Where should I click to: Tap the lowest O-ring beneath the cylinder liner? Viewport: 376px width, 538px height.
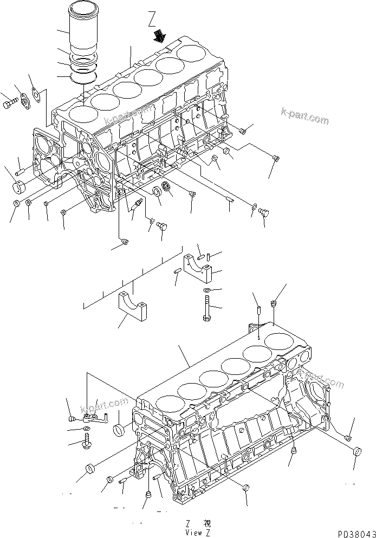pos(84,78)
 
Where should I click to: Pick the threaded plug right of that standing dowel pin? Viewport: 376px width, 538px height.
pos(274,303)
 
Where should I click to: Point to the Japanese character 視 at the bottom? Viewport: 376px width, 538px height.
pos(206,523)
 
